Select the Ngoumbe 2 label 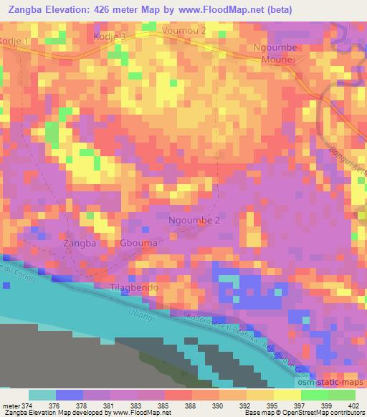point(194,220)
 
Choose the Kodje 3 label point(112,35)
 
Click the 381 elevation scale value point(111,406)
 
